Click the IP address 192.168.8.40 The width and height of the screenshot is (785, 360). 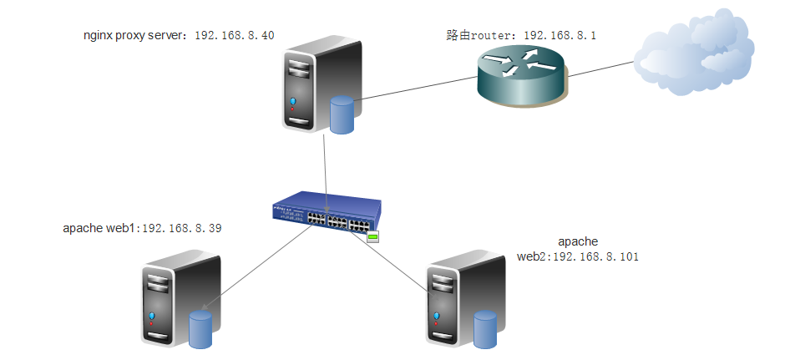click(235, 36)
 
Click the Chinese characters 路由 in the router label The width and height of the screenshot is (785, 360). click(457, 36)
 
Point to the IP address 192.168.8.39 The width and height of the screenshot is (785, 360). click(180, 227)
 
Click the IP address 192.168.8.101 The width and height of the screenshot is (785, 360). click(595, 256)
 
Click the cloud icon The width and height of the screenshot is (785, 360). click(689, 58)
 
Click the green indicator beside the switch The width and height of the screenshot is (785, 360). click(372, 237)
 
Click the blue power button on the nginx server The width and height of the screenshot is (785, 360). click(293, 103)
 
